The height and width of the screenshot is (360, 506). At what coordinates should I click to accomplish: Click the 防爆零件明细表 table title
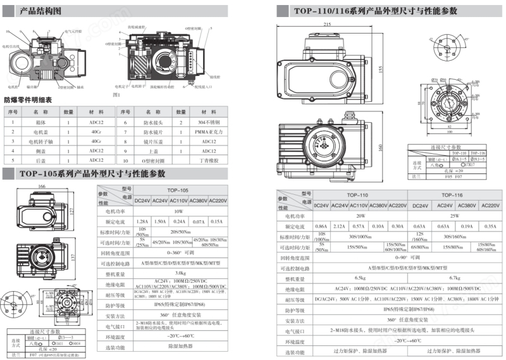[28, 99]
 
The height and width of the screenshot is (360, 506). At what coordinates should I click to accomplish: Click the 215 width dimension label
[327, 25]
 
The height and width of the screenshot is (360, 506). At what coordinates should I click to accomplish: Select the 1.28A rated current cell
[142, 221]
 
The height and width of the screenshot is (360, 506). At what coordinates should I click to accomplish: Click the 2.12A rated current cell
[340, 226]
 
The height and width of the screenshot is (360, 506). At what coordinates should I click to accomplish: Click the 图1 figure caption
[116, 94]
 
